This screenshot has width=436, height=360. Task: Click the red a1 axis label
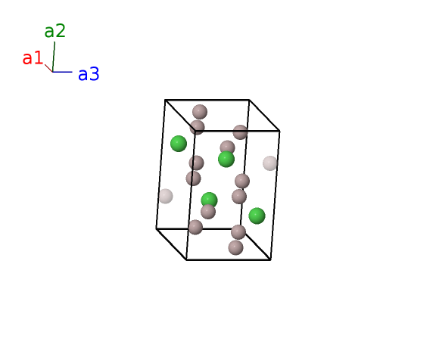pos(33,58)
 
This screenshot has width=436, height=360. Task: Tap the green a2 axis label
pos(55,30)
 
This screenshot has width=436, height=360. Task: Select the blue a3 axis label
pos(89,74)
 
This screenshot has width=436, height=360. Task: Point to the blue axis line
pos(62,72)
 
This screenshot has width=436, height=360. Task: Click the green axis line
pos(54,57)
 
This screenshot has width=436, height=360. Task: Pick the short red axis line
pos(48,68)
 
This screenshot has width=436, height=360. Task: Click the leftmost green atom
pos(179,144)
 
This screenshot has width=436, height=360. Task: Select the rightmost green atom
pos(257,216)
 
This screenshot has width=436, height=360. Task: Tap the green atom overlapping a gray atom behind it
pos(226,159)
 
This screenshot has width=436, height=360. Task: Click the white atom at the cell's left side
pos(166,196)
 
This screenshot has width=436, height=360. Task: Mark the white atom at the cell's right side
pos(270,163)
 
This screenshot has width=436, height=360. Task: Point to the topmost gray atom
pos(200,112)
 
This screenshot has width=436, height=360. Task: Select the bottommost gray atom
pos(236,247)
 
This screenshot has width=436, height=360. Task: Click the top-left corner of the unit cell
pos(165,100)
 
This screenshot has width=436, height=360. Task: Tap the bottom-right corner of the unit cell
pos(270,260)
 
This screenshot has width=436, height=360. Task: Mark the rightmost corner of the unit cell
pos(279,131)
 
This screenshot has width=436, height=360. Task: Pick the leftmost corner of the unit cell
pos(157,228)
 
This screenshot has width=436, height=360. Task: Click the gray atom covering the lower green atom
pos(208,212)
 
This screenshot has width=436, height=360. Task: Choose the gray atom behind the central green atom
pos(227,147)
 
